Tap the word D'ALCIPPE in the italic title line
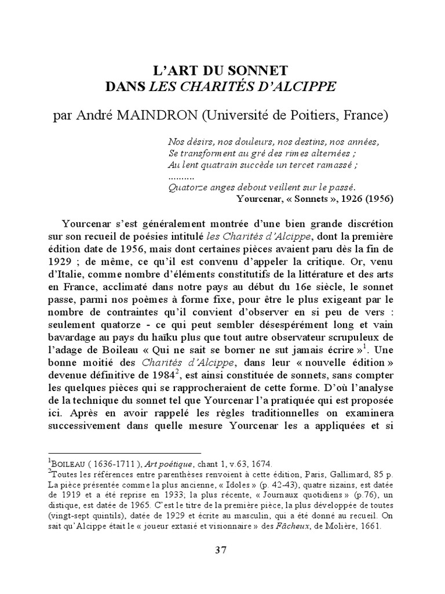pos(301,87)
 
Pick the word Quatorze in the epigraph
pos(186,187)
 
